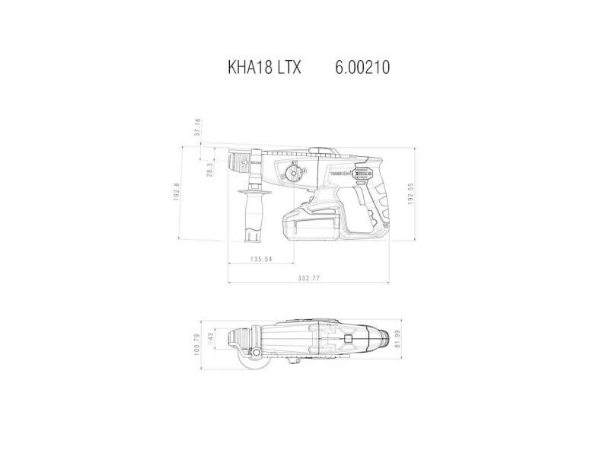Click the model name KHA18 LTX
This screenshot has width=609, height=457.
[264, 68]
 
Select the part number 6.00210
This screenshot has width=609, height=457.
[362, 68]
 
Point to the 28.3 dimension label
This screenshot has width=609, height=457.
[209, 168]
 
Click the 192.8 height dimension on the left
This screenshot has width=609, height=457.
[177, 192]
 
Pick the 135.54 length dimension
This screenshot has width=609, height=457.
[261, 260]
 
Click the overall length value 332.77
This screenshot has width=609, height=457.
[310, 278]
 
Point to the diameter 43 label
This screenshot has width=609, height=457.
[210, 337]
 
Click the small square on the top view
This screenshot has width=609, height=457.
[348, 338]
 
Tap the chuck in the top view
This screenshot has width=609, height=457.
[241, 336]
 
